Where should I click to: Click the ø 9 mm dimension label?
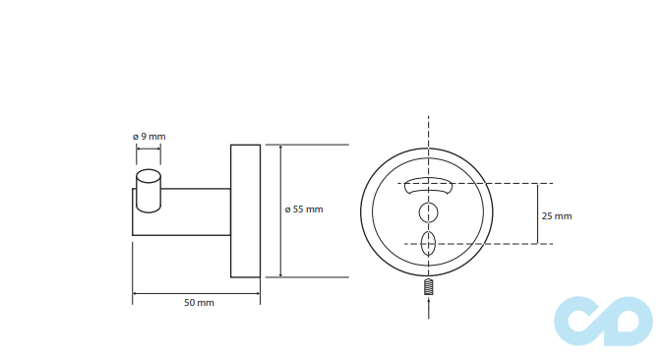pyautogui.click(x=149, y=137)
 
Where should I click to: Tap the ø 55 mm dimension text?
pyautogui.click(x=304, y=210)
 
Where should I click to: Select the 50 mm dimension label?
pyautogui.click(x=199, y=303)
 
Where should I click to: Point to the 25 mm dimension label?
pyautogui.click(x=557, y=216)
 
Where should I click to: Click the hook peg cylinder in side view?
pyautogui.click(x=149, y=191)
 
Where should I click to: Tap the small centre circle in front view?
pyautogui.click(x=428, y=212)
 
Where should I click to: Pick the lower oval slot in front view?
pyautogui.click(x=428, y=244)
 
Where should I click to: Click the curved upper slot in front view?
pyautogui.click(x=428, y=186)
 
